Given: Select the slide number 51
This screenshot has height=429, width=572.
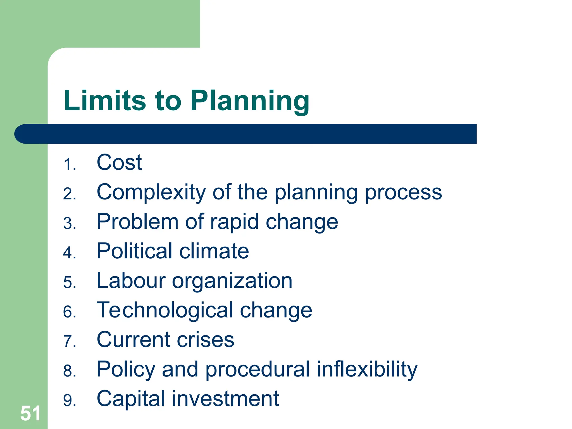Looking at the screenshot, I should tap(30, 413).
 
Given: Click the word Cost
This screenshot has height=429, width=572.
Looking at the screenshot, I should tap(119, 163).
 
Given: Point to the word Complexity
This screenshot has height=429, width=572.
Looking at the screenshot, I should tap(151, 193).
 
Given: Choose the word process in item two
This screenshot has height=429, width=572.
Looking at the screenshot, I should tap(403, 193).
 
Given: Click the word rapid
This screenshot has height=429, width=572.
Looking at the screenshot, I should tap(234, 222).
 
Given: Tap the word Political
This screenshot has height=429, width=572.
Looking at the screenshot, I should tap(134, 251).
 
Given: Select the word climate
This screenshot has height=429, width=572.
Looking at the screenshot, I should tap(214, 251).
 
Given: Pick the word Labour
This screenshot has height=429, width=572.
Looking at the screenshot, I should tap(131, 281).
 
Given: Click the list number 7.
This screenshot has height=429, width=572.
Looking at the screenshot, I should tap(69, 342).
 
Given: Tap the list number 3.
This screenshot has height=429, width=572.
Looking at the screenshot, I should tap(69, 224).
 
